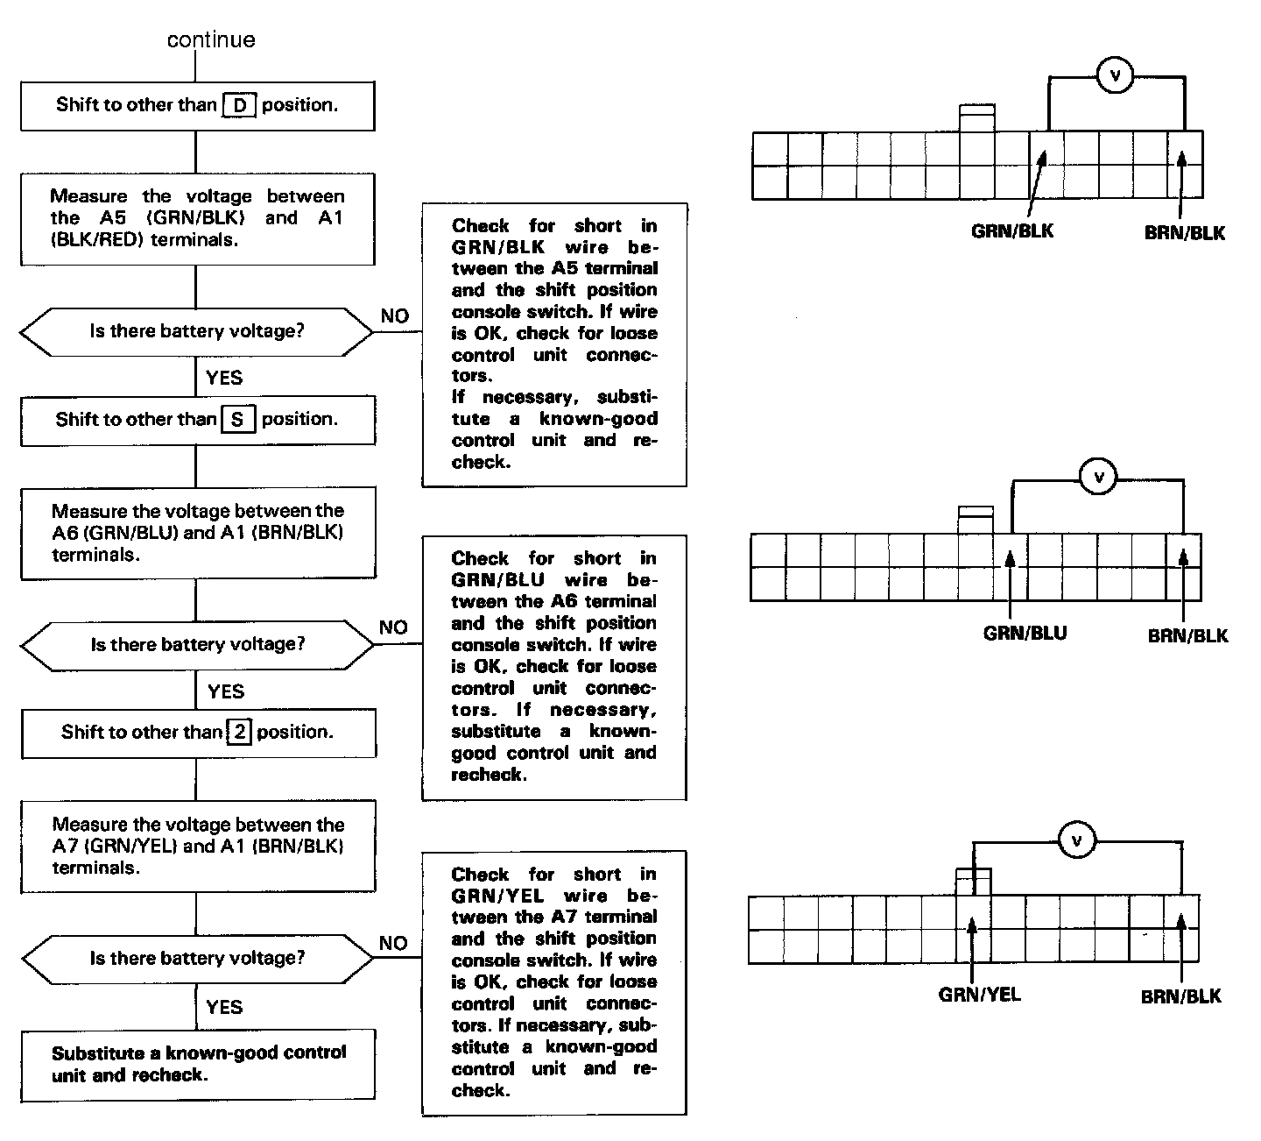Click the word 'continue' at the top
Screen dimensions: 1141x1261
(x=211, y=39)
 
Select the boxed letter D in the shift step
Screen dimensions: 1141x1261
(x=239, y=105)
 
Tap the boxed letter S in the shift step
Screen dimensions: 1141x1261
(x=238, y=420)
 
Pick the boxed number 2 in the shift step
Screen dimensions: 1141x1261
(x=239, y=732)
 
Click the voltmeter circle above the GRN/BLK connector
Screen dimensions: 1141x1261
(x=1115, y=76)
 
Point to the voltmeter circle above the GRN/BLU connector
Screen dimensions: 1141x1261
(x=1100, y=478)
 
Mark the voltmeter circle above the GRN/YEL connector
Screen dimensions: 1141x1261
(x=1077, y=841)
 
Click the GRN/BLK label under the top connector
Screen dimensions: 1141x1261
(x=1012, y=231)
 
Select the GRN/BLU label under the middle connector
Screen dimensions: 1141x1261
(x=1025, y=633)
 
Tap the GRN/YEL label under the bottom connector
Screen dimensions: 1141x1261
(x=979, y=995)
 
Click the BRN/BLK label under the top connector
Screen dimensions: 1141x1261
(x=1184, y=233)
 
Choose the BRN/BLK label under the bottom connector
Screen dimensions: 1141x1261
(x=1180, y=996)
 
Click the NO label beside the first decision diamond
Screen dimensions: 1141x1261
(x=395, y=316)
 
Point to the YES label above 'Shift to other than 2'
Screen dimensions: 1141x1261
(x=226, y=692)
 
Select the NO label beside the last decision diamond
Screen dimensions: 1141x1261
(x=394, y=943)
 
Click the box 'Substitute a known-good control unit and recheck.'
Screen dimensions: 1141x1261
(x=198, y=1064)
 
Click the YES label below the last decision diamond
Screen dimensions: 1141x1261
(x=224, y=1007)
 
